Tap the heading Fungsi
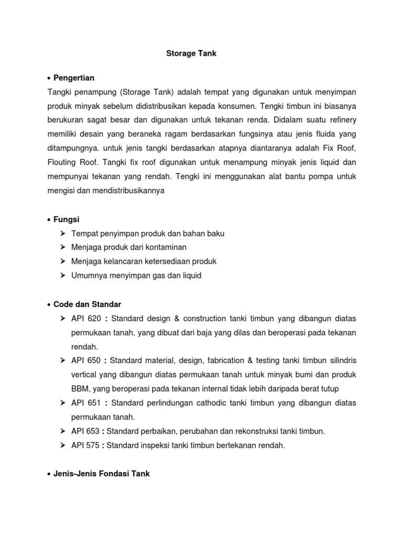click(x=67, y=218)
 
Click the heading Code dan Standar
click(x=88, y=304)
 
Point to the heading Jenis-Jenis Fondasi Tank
click(x=102, y=459)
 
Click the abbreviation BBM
click(x=80, y=389)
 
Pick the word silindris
click(x=342, y=361)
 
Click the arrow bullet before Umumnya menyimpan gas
click(x=63, y=275)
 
